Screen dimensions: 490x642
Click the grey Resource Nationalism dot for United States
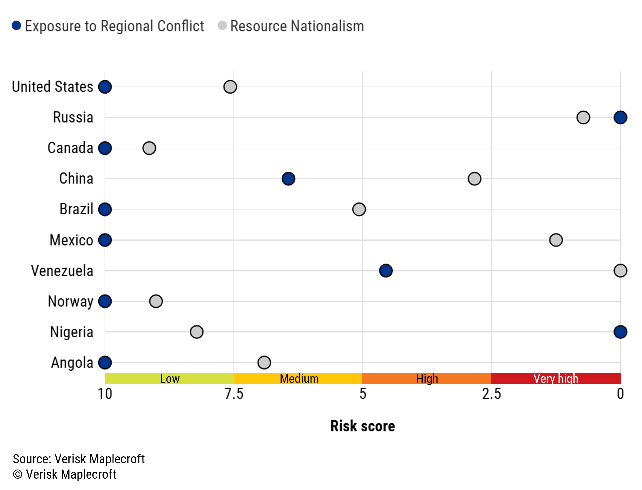[x=230, y=87]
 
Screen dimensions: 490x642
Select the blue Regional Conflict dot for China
[x=288, y=179]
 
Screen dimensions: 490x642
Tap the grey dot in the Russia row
[x=583, y=117]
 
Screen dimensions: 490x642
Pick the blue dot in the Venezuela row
[x=386, y=271]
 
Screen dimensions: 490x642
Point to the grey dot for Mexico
[x=556, y=240]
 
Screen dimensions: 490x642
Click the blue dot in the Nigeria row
[x=620, y=332]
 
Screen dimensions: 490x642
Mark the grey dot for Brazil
[x=359, y=209]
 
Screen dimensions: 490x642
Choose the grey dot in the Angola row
[x=264, y=363]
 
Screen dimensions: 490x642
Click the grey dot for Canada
[x=149, y=148]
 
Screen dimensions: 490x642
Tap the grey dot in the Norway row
[x=156, y=301]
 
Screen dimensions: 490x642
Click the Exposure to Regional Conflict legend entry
[x=108, y=26]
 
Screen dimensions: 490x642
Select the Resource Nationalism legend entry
[x=291, y=26]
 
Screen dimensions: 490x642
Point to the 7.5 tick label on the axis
[x=234, y=394]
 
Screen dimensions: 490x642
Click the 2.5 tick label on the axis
[x=491, y=394]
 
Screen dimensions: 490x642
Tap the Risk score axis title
[x=362, y=426]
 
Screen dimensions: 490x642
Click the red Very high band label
[x=556, y=378]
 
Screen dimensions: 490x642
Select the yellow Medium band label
[x=299, y=378]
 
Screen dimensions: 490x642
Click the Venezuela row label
[x=62, y=271]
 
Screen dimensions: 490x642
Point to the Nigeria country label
[x=71, y=332]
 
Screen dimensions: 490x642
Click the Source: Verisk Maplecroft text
[x=79, y=459]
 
